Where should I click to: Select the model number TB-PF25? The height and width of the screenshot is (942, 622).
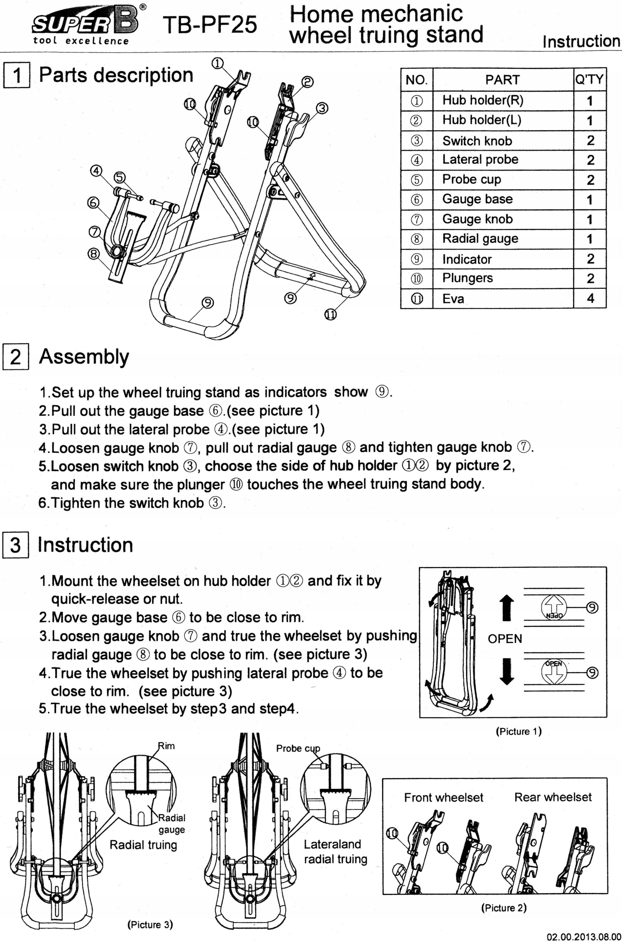[209, 25]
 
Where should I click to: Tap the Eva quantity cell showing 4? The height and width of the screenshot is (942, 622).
[590, 298]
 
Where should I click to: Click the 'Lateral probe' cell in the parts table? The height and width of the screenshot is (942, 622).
[480, 159]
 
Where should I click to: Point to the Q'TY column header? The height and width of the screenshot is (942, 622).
[590, 79]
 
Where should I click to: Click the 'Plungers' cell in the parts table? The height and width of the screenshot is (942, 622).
[468, 278]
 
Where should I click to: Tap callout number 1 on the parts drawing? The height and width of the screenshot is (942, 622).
[218, 63]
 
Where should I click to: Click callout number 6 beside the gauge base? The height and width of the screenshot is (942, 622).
[93, 203]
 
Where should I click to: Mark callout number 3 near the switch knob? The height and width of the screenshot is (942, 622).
[322, 108]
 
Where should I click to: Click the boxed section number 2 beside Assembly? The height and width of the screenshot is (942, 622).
[15, 357]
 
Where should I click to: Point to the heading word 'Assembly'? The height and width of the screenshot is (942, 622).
[84, 357]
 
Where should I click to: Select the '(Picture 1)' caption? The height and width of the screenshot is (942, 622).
[519, 731]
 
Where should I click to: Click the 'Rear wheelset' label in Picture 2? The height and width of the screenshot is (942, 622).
[553, 797]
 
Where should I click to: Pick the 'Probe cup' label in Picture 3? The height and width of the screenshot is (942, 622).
[298, 749]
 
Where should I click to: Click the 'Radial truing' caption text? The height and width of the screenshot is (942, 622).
[143, 845]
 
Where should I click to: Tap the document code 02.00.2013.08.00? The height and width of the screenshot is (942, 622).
[584, 937]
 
